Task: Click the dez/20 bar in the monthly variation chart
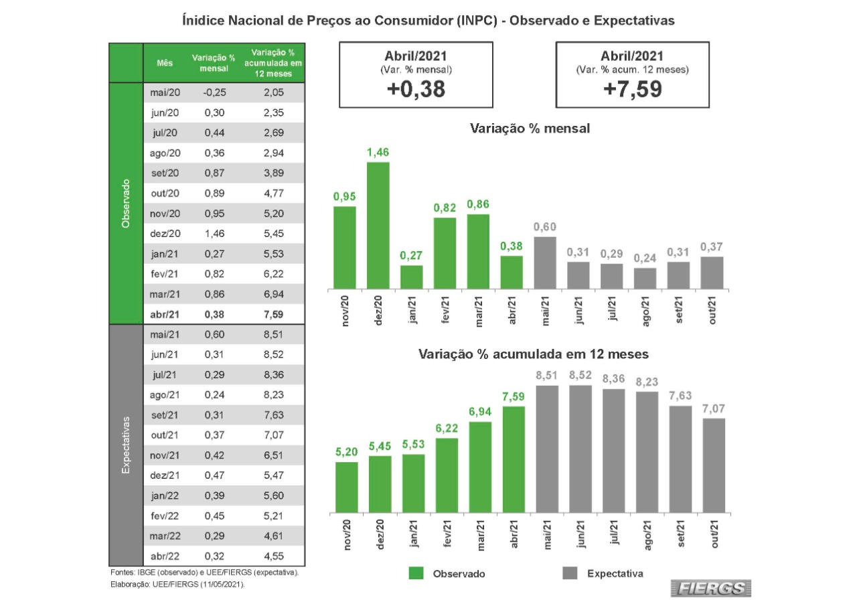(x=378, y=226)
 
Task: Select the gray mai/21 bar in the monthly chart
(x=545, y=262)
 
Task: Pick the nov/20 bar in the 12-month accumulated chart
(x=346, y=487)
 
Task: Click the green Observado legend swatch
(x=416, y=573)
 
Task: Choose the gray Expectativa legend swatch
(x=570, y=573)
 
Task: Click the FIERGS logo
(x=712, y=588)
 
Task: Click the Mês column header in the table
(x=165, y=63)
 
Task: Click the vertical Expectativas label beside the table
(x=125, y=445)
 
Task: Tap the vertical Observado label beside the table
(x=125, y=204)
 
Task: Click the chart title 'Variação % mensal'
(x=530, y=129)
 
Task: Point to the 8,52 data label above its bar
(x=579, y=376)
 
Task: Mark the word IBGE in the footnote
(x=146, y=574)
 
